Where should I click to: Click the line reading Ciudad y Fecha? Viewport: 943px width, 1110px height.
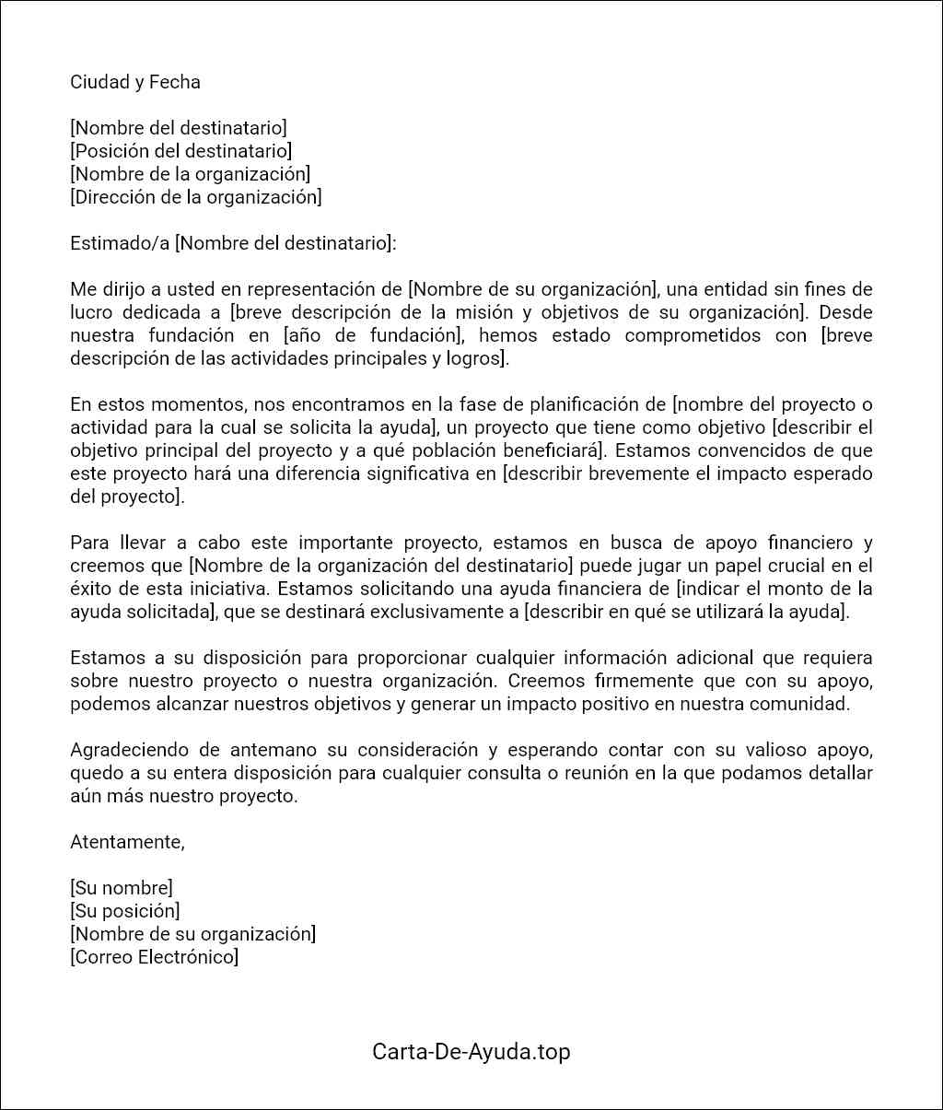[x=134, y=82]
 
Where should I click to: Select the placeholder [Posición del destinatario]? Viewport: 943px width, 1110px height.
[x=180, y=151]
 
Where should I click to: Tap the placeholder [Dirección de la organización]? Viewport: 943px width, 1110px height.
[x=196, y=197]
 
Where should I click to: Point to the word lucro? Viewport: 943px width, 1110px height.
[x=90, y=312]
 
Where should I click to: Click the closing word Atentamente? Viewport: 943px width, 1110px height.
[x=127, y=842]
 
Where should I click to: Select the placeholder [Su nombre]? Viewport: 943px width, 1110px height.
[x=122, y=888]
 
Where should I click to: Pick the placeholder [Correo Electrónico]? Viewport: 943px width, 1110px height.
[x=154, y=957]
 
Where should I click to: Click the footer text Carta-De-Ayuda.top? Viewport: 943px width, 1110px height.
[x=471, y=1051]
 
